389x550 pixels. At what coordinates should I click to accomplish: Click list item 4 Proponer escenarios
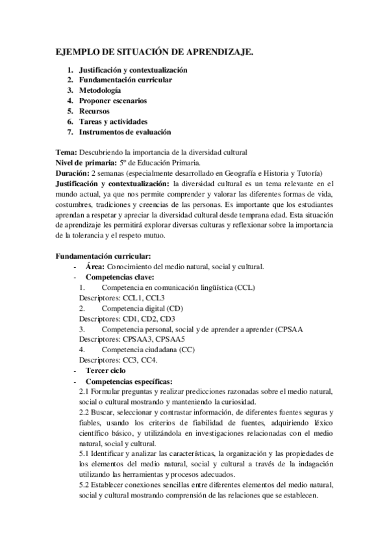click(x=112, y=101)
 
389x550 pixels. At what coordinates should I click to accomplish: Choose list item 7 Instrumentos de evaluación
click(x=125, y=132)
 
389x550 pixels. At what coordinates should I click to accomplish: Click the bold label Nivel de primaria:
click(x=86, y=163)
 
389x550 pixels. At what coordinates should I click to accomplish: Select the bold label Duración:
click(x=72, y=173)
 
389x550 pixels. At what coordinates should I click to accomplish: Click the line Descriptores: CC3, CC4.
click(x=118, y=360)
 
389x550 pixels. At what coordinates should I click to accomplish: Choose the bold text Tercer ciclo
click(x=106, y=370)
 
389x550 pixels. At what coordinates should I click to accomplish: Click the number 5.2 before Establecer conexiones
click(x=84, y=484)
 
